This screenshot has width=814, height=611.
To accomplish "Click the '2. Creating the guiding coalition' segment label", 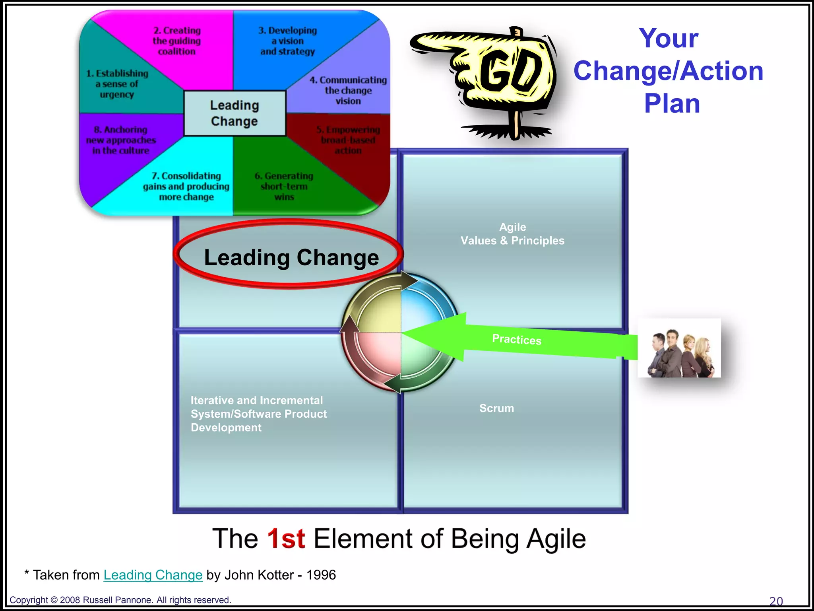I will click(x=177, y=41).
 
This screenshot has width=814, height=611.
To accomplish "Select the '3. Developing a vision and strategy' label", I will click(x=288, y=41).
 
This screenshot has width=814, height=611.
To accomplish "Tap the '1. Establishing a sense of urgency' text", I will click(x=117, y=84).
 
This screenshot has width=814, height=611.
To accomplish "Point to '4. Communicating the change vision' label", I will click(x=348, y=91).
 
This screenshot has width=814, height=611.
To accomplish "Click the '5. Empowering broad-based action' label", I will click(x=348, y=140).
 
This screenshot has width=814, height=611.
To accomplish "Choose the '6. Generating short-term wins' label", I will click(x=284, y=186).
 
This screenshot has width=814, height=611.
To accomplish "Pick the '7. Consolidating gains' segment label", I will click(x=186, y=186).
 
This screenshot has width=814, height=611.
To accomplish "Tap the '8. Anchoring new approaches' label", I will click(x=121, y=140).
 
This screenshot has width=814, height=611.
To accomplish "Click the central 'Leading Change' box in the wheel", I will click(x=235, y=113).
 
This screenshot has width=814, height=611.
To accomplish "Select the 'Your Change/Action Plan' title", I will click(x=669, y=71).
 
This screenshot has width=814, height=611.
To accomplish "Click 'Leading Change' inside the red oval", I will click(x=291, y=257).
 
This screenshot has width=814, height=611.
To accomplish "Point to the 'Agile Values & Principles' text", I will click(x=512, y=234).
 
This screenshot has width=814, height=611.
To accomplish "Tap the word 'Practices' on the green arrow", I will click(x=517, y=339).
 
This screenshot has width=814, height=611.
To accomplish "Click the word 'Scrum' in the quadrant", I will click(x=496, y=408).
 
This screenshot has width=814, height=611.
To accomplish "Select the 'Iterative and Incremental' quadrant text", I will click(x=258, y=414).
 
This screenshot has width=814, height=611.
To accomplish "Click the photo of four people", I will click(x=679, y=348).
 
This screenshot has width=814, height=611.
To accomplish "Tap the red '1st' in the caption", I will click(x=286, y=539).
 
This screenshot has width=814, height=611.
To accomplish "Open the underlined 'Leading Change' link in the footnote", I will click(x=153, y=575).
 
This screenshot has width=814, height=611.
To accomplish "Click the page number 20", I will click(x=776, y=601).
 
